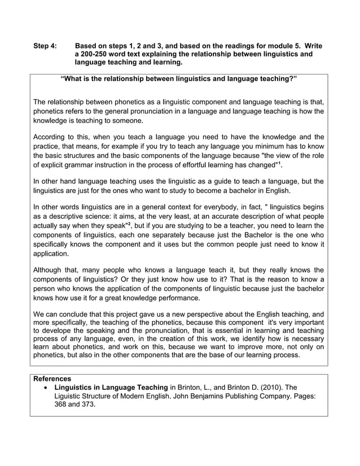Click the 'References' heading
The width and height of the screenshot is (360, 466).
52,379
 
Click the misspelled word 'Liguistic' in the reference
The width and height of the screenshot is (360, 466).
70,397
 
